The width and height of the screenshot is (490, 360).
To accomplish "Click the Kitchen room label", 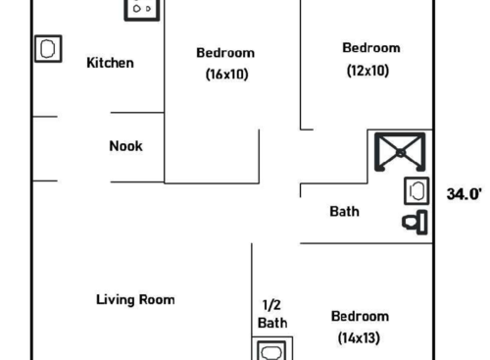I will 110,63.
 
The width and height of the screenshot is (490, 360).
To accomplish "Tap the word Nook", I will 125,146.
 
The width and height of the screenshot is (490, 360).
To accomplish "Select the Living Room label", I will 135,299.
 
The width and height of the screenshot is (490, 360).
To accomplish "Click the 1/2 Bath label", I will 272,313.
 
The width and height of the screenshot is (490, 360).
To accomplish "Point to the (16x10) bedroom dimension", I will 225,74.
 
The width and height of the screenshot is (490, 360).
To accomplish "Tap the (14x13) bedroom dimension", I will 360,337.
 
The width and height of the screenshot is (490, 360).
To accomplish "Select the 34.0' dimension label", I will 465,193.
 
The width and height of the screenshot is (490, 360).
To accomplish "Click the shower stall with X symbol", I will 401,153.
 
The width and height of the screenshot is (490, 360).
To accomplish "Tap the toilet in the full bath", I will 416,222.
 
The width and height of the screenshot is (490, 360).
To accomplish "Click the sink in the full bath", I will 416,190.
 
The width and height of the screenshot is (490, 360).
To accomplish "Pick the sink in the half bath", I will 272,350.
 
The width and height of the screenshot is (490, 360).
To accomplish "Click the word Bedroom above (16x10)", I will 225,53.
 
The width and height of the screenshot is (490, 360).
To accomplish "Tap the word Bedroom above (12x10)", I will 370,48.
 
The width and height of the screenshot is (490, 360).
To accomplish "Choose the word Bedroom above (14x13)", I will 360,316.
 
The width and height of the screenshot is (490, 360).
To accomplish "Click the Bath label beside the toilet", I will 344,211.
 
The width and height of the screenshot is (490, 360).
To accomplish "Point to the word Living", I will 117,299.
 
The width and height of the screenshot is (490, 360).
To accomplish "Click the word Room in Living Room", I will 158,299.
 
